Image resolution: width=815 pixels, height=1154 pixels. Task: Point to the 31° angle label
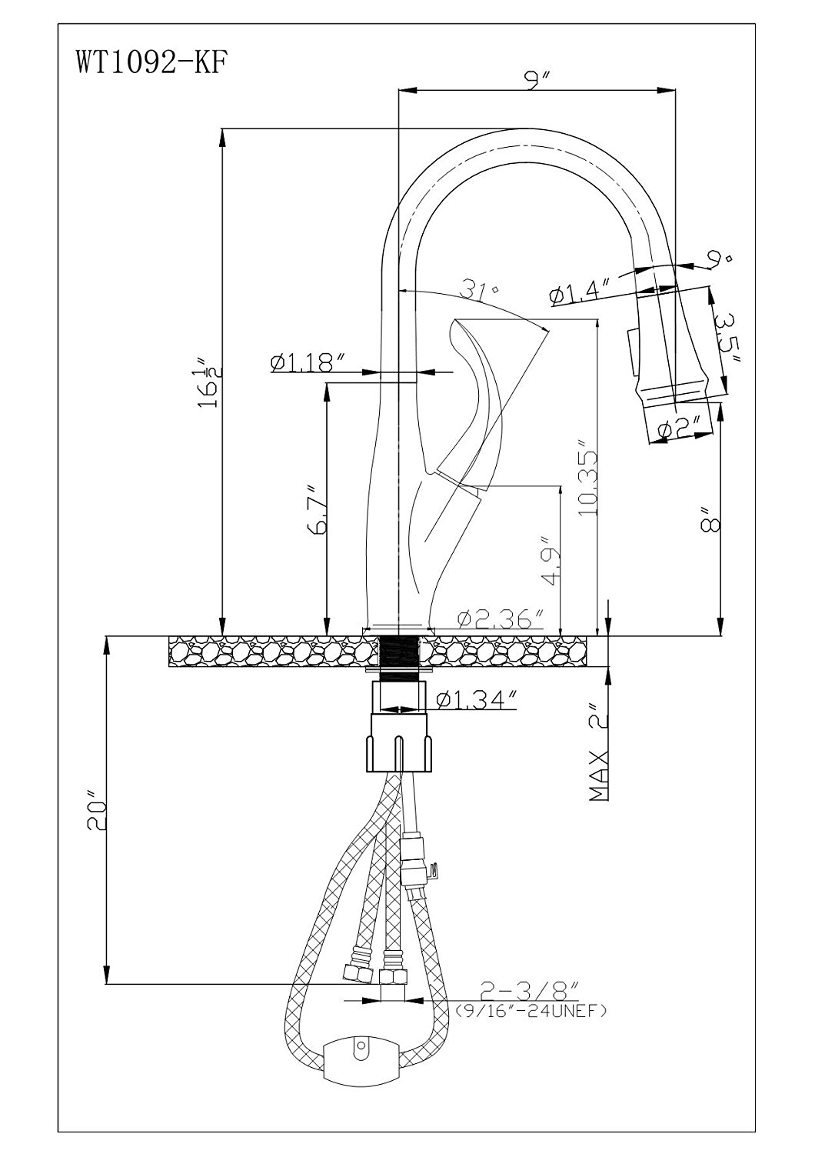pos(481,290)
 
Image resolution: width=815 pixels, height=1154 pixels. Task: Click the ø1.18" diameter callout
pos(307,361)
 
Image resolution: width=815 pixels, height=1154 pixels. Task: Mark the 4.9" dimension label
pos(547,562)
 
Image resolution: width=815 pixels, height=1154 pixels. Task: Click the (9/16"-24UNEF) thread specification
pos(531,1010)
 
